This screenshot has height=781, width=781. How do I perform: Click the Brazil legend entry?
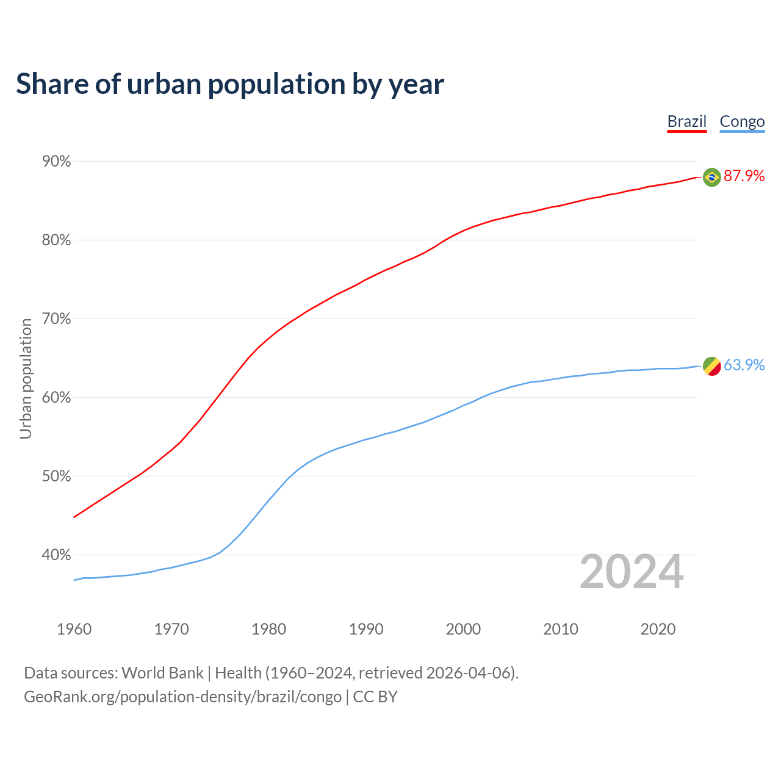(x=686, y=121)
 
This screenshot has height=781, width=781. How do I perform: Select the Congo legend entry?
(x=742, y=121)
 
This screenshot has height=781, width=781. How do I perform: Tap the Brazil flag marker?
(x=711, y=177)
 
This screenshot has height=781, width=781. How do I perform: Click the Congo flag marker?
(x=711, y=366)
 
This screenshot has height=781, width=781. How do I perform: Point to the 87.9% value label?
(x=744, y=176)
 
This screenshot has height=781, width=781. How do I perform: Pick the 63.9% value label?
(x=744, y=365)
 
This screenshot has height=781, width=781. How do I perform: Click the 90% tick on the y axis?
(x=57, y=162)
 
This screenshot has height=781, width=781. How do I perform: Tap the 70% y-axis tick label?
(x=57, y=319)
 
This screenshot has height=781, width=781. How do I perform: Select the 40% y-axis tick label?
(x=57, y=555)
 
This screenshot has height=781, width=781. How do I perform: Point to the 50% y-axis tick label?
(x=57, y=477)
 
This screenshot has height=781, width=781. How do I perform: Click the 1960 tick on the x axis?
(x=74, y=629)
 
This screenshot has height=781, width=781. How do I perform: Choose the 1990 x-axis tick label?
(x=366, y=629)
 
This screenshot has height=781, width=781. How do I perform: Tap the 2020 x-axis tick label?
(x=658, y=629)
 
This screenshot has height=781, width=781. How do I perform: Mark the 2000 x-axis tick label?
(x=463, y=629)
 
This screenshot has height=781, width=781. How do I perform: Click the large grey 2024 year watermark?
(x=632, y=572)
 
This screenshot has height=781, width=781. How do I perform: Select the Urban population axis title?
(x=26, y=379)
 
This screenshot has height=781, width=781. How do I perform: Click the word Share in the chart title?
(x=51, y=84)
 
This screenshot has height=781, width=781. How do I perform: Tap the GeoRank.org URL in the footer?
(x=182, y=697)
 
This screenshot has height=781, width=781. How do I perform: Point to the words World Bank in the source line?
(x=162, y=673)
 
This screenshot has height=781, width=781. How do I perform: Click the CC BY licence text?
(x=375, y=697)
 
